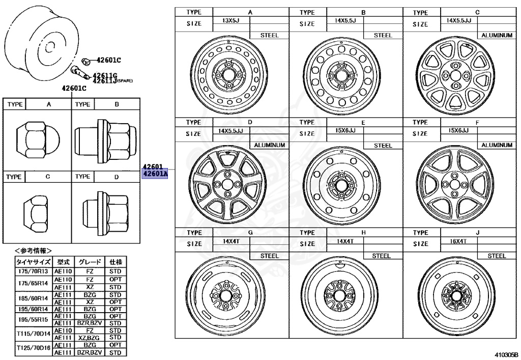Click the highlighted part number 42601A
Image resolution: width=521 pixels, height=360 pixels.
coord(155,174)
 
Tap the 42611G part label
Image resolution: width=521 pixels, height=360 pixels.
coord(105,74)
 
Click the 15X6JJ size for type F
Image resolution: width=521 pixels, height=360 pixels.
coord(458,131)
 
